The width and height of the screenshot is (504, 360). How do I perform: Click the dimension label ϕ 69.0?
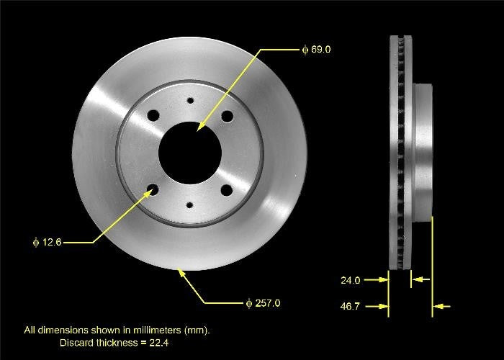[x=316, y=50]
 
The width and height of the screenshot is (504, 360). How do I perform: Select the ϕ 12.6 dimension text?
[x=48, y=243]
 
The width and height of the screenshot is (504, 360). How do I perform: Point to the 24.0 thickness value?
[x=351, y=280]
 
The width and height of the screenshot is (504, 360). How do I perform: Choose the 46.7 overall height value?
[x=351, y=307]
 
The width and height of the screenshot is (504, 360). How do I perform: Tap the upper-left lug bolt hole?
[x=153, y=115]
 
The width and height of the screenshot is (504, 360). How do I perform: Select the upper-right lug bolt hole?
[x=227, y=116]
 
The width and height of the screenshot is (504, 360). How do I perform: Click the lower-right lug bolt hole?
[x=227, y=190]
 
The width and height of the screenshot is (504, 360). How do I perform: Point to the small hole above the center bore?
[x=190, y=101]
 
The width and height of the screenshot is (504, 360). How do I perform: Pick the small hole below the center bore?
[x=190, y=205]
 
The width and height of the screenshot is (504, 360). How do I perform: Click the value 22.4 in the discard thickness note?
[x=159, y=343]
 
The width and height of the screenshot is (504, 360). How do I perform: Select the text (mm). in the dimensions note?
[x=197, y=330]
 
